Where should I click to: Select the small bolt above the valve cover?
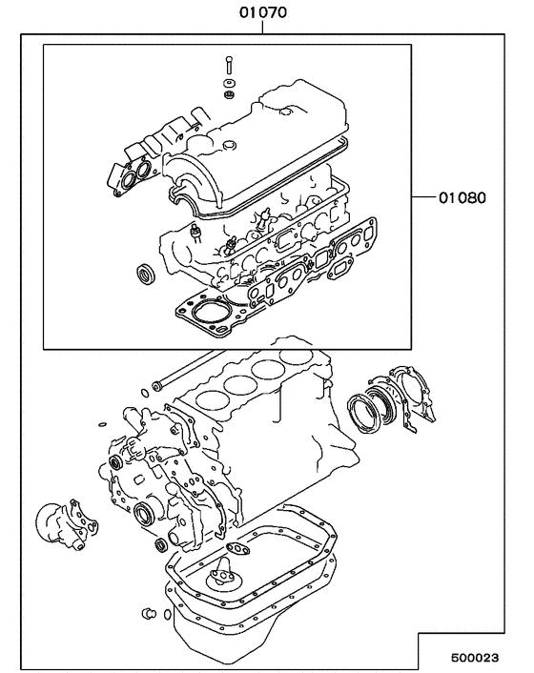(x=229, y=68)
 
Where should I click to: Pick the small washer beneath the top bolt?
(x=229, y=92)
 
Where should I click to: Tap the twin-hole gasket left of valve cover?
(x=133, y=174)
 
